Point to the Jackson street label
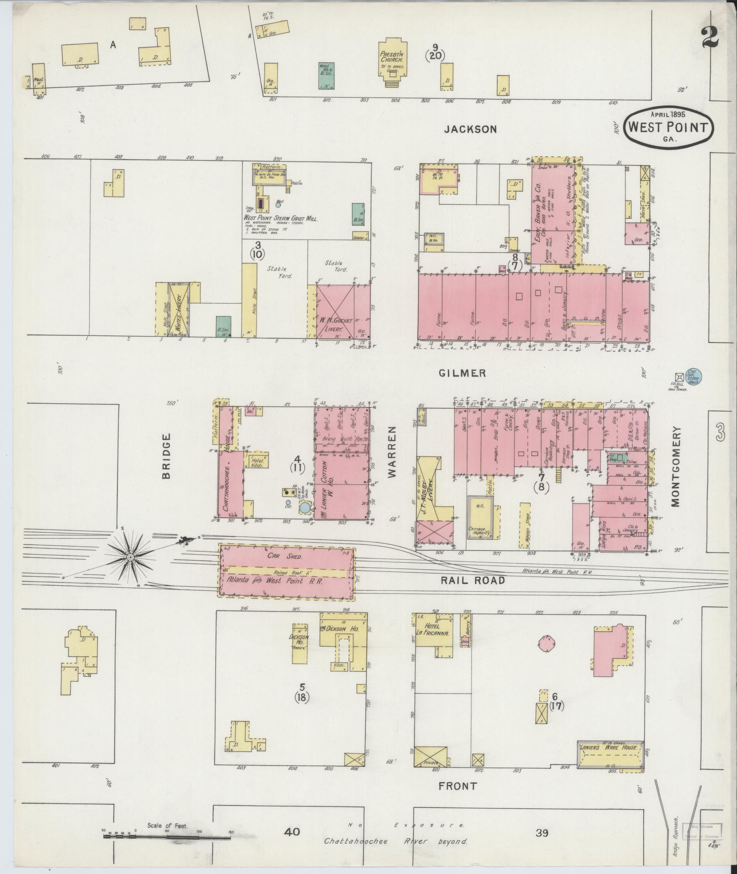point(470,129)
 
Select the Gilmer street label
point(462,373)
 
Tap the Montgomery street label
point(676,466)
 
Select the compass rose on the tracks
point(131,557)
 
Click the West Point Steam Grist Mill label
point(281,219)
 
